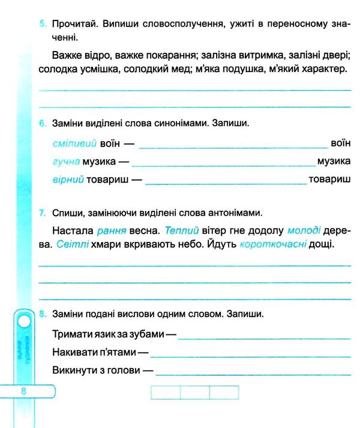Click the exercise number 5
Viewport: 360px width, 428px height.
point(41,24)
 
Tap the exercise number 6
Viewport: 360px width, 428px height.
point(41,124)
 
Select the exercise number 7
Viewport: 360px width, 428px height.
point(41,212)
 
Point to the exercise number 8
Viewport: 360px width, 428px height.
point(41,313)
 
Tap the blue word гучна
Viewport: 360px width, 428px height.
point(66,161)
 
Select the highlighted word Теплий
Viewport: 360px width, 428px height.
point(181,231)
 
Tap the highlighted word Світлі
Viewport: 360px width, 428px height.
point(73,245)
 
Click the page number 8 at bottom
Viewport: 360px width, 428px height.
point(23,391)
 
